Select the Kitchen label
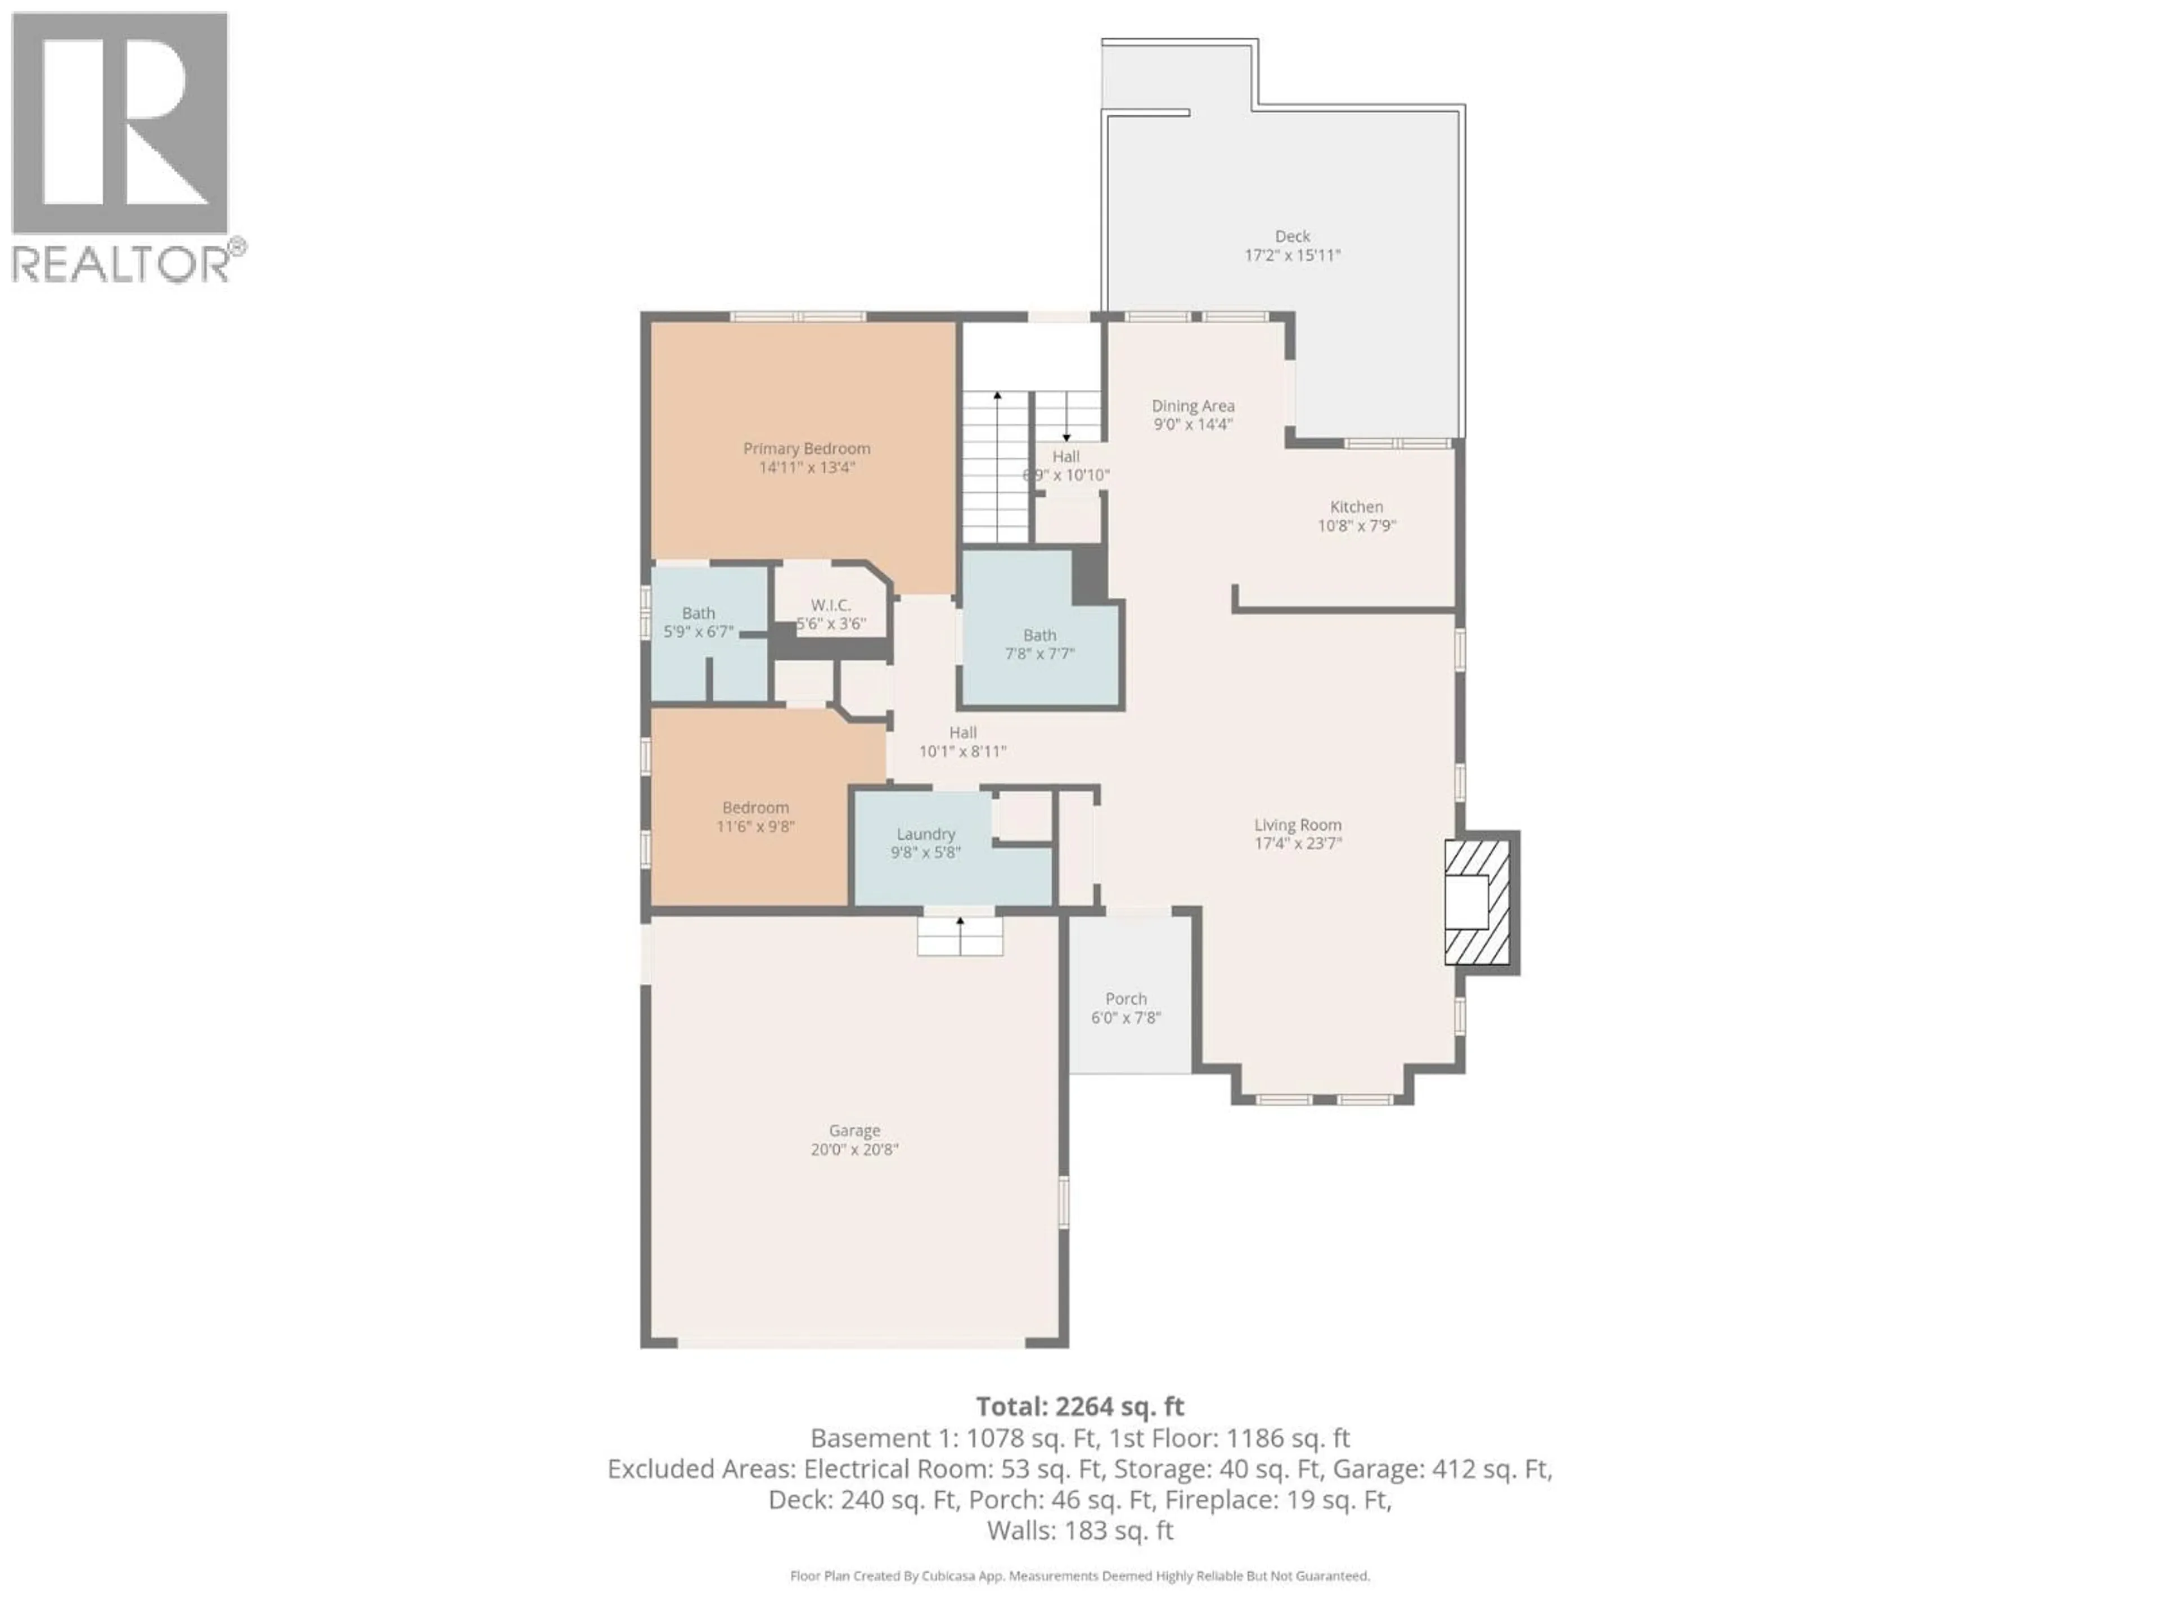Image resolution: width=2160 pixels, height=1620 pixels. (1356, 507)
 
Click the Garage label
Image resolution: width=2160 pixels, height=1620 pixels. (854, 1130)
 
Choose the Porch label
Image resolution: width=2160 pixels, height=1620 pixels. (1126, 999)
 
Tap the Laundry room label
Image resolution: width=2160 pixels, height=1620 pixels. (926, 834)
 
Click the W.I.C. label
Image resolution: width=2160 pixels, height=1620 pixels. (831, 605)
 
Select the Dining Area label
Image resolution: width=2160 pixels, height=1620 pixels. (1192, 405)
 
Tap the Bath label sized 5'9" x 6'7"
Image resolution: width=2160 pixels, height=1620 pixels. (698, 613)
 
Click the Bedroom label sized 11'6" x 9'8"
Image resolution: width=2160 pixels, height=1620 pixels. (755, 808)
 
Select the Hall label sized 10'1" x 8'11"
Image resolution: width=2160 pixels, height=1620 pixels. (963, 732)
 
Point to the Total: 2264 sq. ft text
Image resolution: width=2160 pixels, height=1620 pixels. (1080, 1407)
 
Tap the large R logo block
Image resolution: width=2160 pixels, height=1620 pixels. (119, 123)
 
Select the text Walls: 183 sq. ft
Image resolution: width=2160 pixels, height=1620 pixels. (1080, 1530)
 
